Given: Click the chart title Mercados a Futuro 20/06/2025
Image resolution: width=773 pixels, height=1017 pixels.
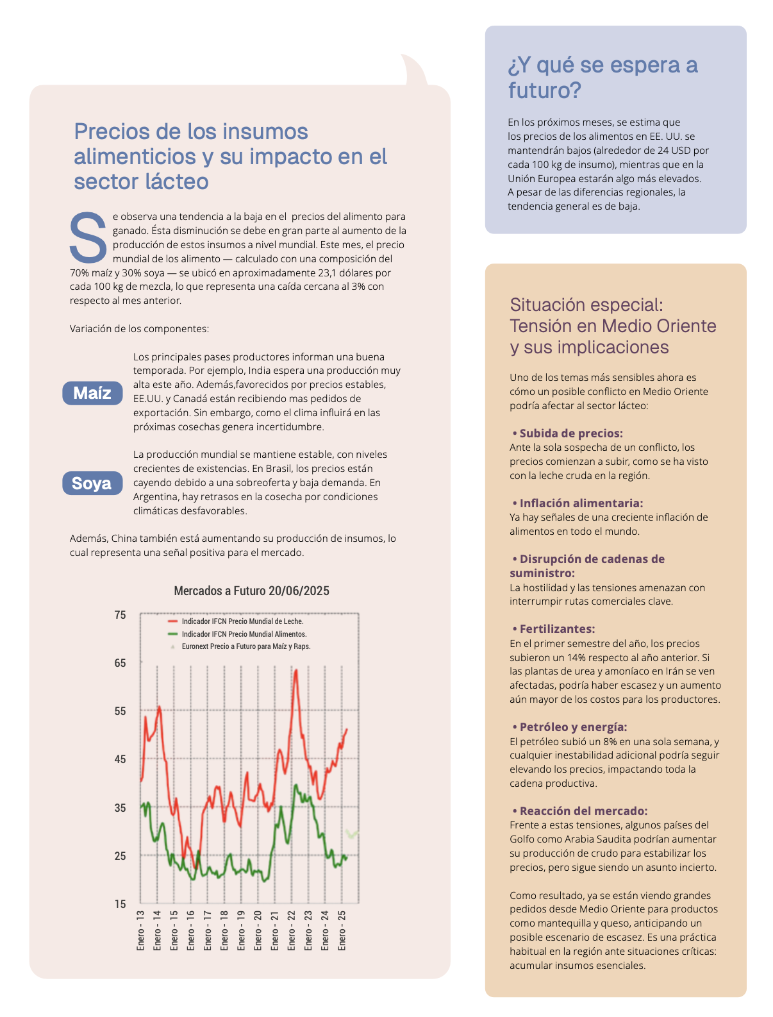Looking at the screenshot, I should pos(251,591).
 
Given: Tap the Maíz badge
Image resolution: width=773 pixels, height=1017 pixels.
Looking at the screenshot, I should pos(92,393).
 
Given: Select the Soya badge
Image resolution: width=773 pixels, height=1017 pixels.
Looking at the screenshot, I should pos(92,483).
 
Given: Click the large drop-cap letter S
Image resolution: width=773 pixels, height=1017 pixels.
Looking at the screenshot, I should pos(88,238).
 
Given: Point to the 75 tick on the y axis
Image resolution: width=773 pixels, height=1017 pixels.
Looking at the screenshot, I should pos(121,615).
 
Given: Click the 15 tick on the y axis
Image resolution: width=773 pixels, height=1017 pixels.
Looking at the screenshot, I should pos(121,904).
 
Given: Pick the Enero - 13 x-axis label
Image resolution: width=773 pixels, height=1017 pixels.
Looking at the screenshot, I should pos(141,930).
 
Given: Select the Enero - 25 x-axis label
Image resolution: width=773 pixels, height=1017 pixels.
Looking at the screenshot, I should pos(342,930).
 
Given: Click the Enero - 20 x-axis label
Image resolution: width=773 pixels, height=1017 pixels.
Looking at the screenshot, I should pos(258,930).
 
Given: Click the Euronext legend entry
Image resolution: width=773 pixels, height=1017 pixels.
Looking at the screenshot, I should pos(245,646).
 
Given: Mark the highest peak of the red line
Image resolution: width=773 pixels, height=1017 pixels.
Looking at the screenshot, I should pos(295,670).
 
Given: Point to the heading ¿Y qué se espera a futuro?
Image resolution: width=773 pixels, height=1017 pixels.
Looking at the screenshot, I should pos(603,78).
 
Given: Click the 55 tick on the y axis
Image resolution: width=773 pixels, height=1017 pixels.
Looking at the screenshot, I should pos(121,711).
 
